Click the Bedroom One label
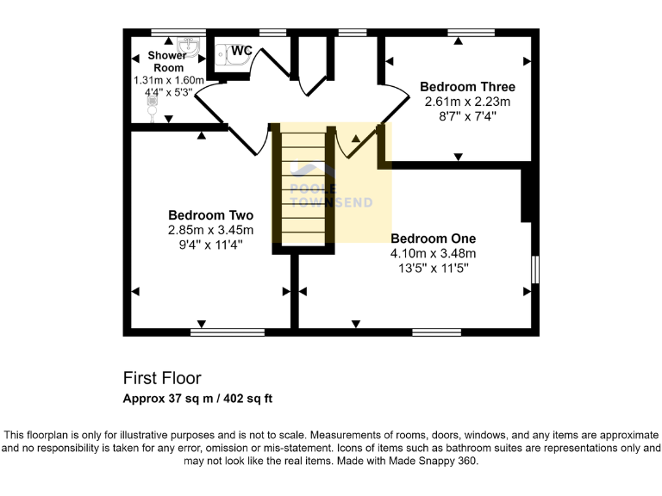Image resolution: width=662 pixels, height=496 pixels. tap(433, 239)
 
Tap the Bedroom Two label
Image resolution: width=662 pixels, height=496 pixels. tap(210, 215)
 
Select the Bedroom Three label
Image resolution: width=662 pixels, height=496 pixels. tap(467, 87)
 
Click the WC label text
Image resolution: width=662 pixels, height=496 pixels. tap(240, 51)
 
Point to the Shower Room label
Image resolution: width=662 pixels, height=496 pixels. tap(167, 61)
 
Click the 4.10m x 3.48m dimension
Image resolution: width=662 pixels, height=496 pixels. tap(433, 253)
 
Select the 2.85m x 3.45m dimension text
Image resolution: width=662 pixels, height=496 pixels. tap(210, 230)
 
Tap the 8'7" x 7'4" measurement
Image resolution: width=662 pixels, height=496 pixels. tap(467, 115)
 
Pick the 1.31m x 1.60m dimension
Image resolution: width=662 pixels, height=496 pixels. tap(168, 80)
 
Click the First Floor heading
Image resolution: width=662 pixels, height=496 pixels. tap(162, 378)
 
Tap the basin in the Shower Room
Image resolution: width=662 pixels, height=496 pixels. tap(189, 45)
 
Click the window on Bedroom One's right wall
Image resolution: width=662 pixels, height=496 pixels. tap(535, 270)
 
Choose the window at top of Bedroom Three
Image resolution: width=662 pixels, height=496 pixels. tap(471, 33)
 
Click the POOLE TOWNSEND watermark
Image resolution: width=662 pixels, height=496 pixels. tap(330, 196)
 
